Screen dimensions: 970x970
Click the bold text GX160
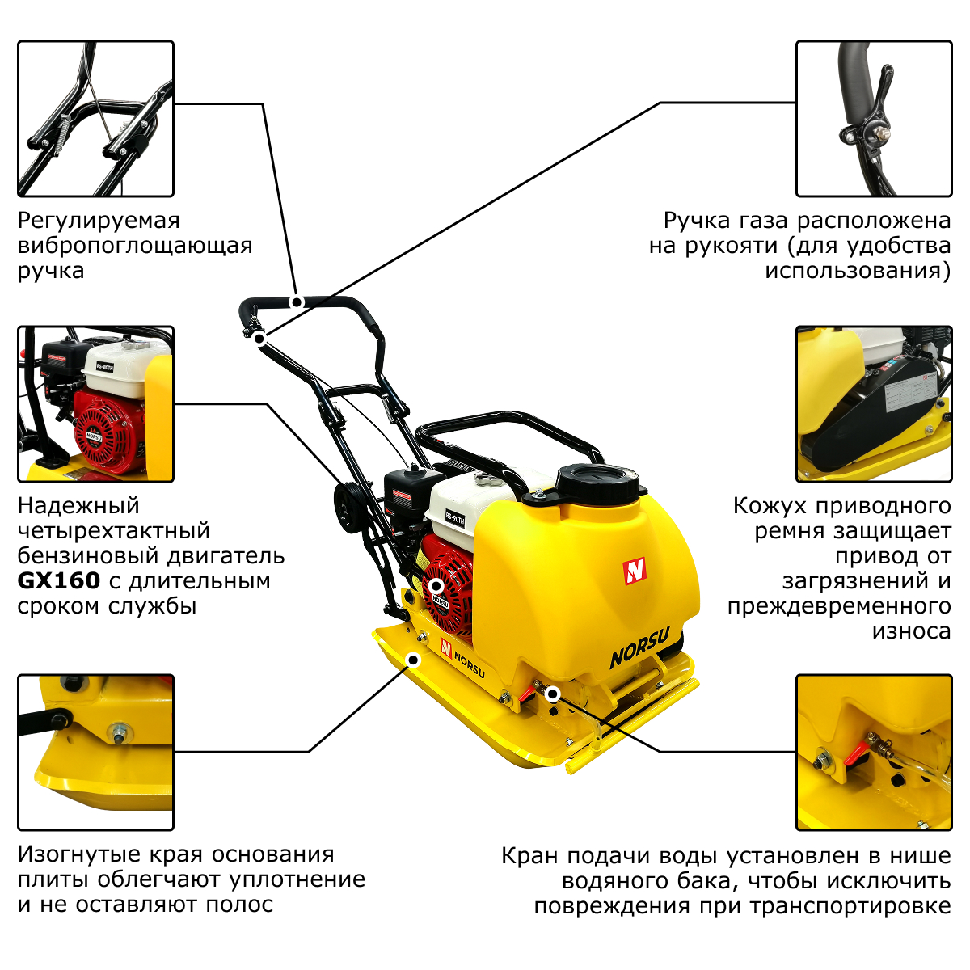coord(59,581)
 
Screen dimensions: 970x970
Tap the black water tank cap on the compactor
coord(598,483)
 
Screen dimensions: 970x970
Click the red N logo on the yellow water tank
coord(635,571)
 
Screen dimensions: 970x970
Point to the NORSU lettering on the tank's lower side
coord(639,647)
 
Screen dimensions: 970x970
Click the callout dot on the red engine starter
coord(436,585)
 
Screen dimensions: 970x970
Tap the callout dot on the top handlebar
coord(297,302)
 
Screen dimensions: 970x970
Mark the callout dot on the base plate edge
coord(413,660)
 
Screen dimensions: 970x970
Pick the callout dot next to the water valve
coord(553,694)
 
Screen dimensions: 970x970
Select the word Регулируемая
coord(99,221)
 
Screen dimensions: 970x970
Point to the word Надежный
coord(78,506)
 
